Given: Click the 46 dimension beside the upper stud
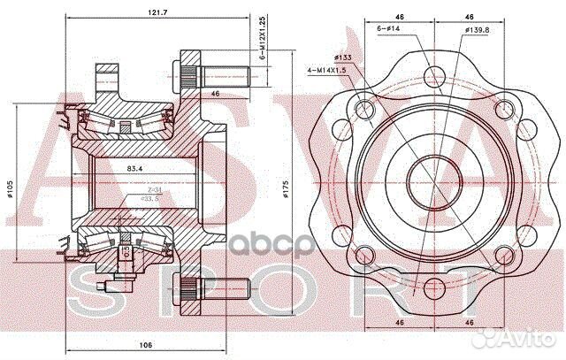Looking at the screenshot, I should click(215, 93).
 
